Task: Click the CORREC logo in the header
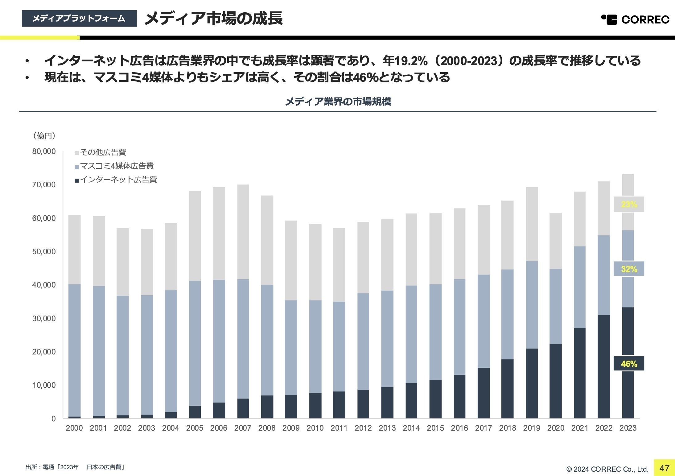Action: point(635,19)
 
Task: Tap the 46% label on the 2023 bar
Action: point(629,364)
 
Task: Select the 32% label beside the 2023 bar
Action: point(629,269)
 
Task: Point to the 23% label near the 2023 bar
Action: point(629,204)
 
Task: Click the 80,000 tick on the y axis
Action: point(44,151)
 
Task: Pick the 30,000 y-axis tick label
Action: point(44,318)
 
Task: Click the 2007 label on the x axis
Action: point(243,428)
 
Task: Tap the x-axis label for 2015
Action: point(435,428)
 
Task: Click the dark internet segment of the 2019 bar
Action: point(532,383)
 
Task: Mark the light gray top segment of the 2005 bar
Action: point(195,236)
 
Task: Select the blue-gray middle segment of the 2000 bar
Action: point(74,350)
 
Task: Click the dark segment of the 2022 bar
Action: point(603,366)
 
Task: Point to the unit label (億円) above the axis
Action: point(44,136)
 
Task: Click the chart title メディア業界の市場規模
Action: point(338,101)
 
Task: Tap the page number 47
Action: point(664,468)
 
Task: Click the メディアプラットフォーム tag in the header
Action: point(79,19)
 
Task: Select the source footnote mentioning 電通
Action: point(75,467)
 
